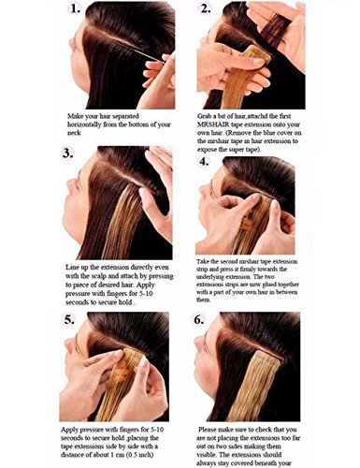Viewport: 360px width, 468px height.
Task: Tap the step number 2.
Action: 206,8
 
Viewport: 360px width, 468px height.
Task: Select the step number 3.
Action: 67,154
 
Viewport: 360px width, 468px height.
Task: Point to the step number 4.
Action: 203,162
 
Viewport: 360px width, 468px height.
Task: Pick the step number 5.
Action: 69,319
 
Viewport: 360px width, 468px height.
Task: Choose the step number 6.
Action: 199,319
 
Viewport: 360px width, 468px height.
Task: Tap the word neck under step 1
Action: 74,133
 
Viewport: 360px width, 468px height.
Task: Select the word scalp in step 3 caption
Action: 97,276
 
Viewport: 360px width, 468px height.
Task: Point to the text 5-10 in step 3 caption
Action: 144,294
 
